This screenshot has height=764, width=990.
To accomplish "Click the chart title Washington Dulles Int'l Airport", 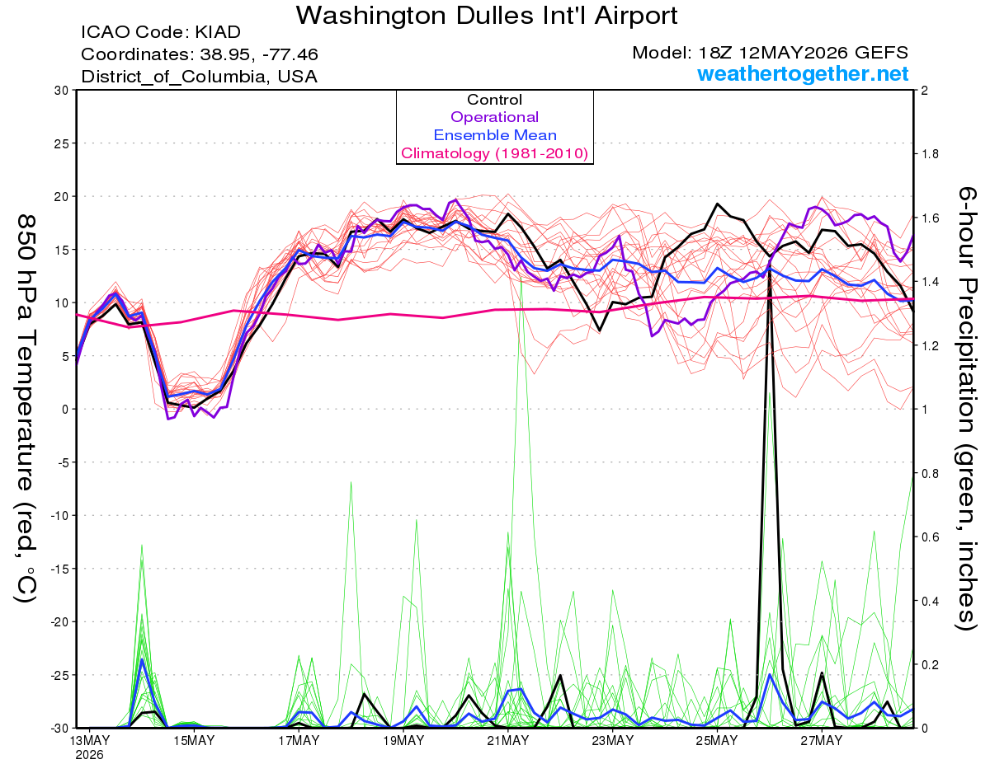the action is click(x=487, y=16).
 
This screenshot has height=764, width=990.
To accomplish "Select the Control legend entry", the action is click(x=494, y=100).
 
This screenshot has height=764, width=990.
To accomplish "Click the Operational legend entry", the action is click(x=494, y=117).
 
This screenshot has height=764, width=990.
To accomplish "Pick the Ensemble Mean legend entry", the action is click(x=495, y=135).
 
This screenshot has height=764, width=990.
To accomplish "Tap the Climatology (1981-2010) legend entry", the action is click(x=495, y=153).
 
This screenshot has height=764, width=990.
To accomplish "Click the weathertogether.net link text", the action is click(x=803, y=73).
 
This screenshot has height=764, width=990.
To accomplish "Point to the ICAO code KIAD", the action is click(x=218, y=32).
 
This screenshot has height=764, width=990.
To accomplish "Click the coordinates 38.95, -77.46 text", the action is click(x=259, y=54).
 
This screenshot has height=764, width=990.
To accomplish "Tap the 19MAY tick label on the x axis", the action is click(x=403, y=741).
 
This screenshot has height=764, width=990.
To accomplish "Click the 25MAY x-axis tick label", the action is click(x=717, y=741).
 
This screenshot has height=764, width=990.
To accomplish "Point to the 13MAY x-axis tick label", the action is click(x=90, y=741).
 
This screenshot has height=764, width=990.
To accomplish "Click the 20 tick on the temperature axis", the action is click(x=62, y=197).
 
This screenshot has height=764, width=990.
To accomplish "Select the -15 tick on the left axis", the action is click(x=59, y=569).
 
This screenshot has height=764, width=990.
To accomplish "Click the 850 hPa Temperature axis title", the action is click(x=26, y=409).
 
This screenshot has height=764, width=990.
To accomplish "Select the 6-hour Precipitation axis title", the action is click(x=966, y=409).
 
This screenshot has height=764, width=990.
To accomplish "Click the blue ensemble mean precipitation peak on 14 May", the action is click(x=142, y=659).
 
